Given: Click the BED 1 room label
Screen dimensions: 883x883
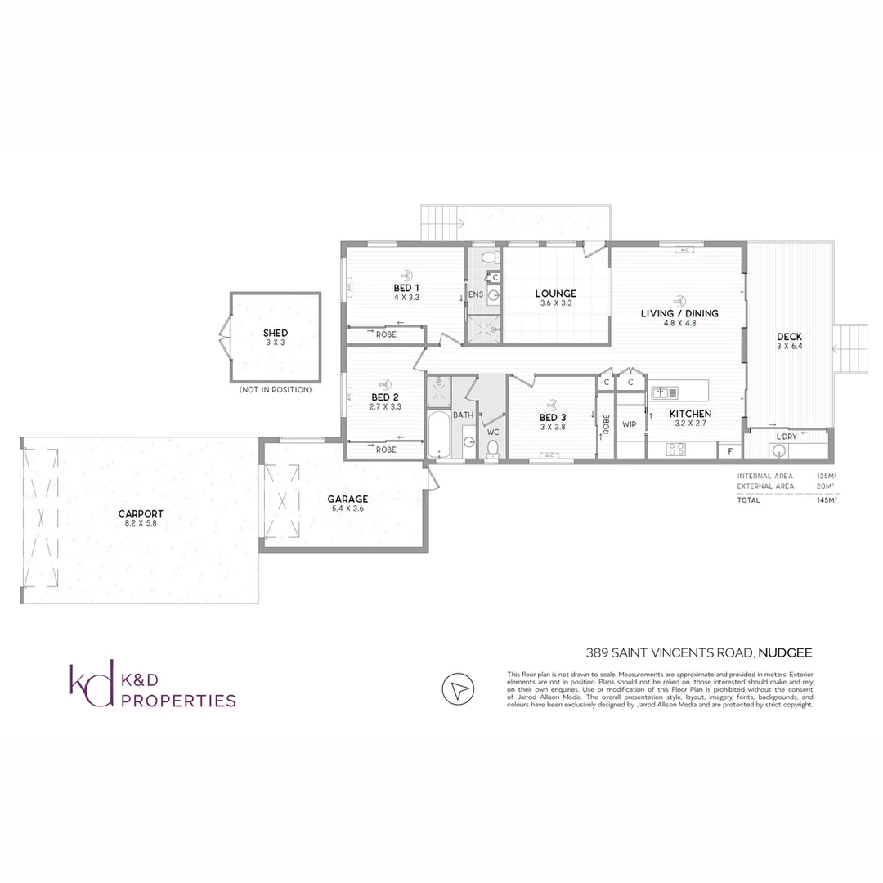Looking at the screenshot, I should point(406,288).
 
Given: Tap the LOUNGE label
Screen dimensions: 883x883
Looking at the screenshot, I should point(556,294).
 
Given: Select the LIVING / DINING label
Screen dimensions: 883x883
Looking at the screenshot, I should point(679,313).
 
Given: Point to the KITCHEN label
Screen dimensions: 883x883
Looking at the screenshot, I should point(691,414).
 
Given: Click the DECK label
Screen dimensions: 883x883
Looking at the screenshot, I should point(789,337).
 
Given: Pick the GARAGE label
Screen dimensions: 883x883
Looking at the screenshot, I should point(347,499).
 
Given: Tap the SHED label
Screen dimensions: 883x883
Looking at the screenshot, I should point(275,333).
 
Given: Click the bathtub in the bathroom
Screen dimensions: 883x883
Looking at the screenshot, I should point(437,436).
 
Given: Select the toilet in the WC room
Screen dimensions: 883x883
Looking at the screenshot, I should point(492,446).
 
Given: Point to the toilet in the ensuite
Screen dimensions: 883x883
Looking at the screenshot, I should point(488,258).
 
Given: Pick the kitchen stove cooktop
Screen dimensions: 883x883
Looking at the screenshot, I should point(676,449).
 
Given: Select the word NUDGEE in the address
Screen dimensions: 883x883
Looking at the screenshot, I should point(784,652).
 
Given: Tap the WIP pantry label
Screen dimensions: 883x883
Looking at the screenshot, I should point(630,424).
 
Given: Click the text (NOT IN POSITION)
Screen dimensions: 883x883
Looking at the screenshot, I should point(275,390).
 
